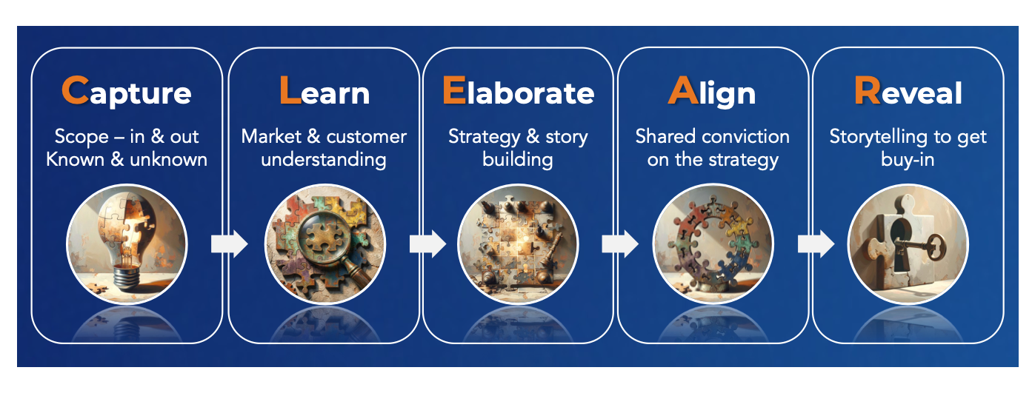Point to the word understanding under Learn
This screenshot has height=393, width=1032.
point(324,159)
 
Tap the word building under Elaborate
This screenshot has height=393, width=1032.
point(517,159)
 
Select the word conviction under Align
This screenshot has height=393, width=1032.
point(745,137)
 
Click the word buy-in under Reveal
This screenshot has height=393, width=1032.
point(908,159)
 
